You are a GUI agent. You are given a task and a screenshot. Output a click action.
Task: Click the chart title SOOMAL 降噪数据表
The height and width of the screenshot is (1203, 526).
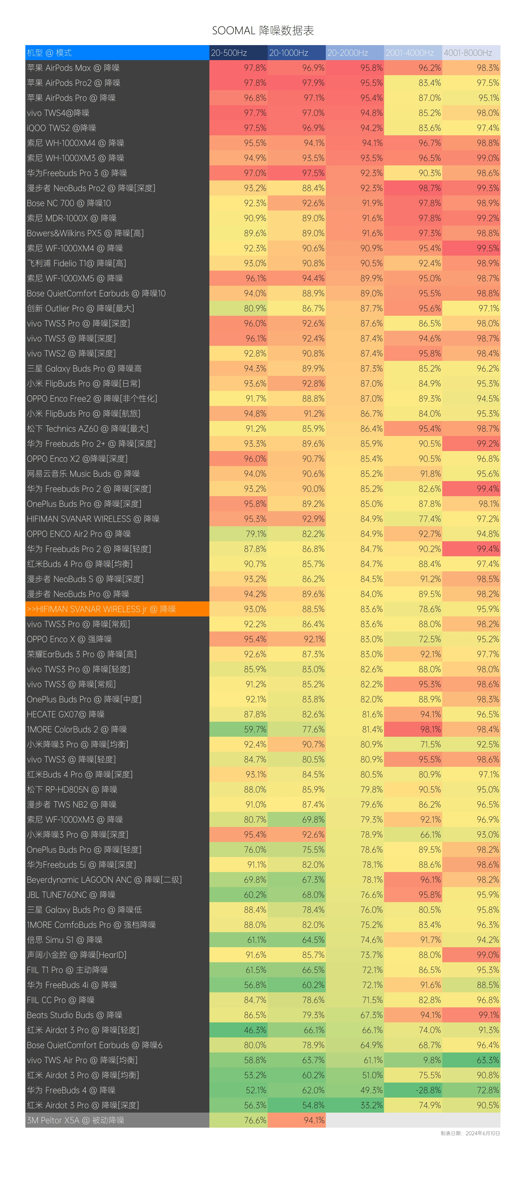[263, 31]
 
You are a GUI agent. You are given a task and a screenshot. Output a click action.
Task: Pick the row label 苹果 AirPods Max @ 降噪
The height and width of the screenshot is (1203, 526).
[73, 68]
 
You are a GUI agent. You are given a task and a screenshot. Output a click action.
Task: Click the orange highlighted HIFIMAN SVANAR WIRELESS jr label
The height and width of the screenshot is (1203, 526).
[101, 609]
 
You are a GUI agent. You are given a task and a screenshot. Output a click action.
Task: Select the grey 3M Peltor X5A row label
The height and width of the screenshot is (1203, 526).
[76, 1120]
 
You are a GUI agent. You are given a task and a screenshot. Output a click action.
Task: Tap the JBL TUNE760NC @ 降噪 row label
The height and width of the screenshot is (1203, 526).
[71, 895]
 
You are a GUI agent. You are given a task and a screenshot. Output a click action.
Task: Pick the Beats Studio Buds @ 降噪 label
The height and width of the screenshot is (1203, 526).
[75, 1015]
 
